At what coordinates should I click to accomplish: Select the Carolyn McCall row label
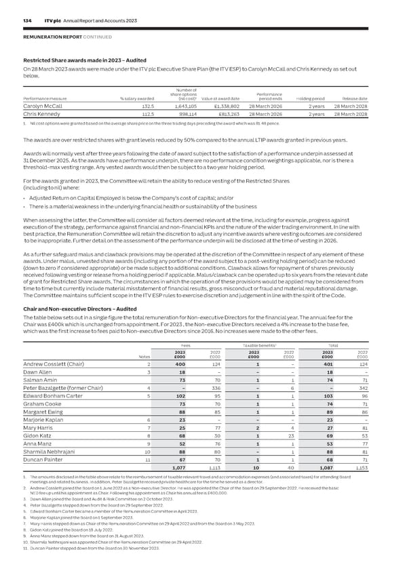[39, 106]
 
